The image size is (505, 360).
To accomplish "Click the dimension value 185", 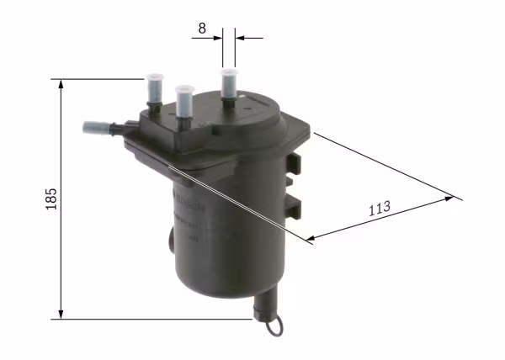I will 51,199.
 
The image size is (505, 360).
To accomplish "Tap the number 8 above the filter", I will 201,28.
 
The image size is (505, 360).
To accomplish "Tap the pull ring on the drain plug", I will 275,325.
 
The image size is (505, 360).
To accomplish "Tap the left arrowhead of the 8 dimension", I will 219,37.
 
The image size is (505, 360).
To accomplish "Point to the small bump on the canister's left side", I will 167,243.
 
